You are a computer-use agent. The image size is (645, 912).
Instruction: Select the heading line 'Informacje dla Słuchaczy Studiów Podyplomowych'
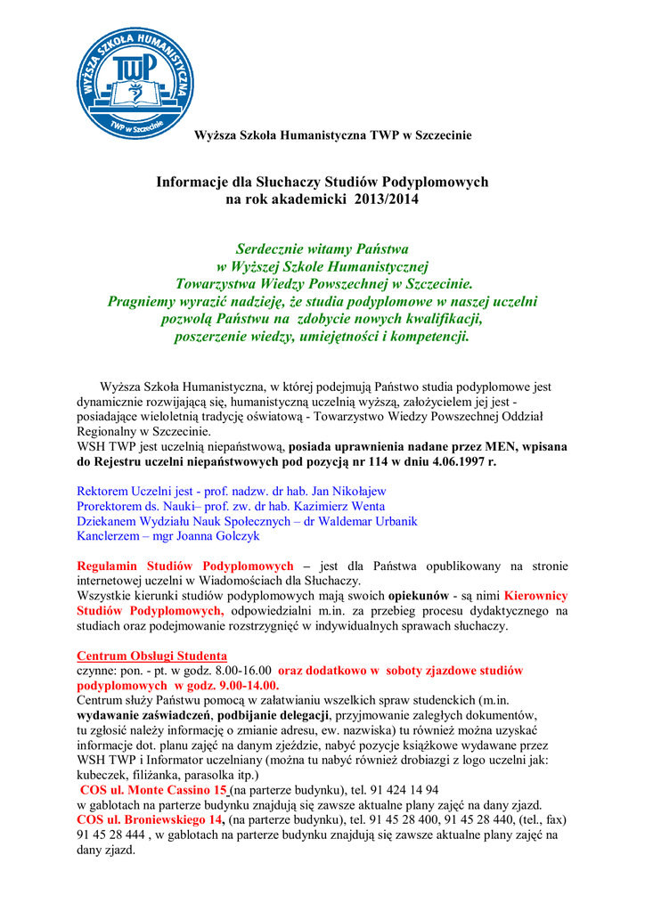322,182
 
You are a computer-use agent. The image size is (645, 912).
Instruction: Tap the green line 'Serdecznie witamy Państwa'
322,248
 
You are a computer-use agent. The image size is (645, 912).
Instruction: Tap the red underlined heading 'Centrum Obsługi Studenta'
152,655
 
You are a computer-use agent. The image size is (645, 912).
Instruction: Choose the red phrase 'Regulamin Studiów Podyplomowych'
185,566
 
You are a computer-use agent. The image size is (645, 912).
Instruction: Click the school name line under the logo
333,135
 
